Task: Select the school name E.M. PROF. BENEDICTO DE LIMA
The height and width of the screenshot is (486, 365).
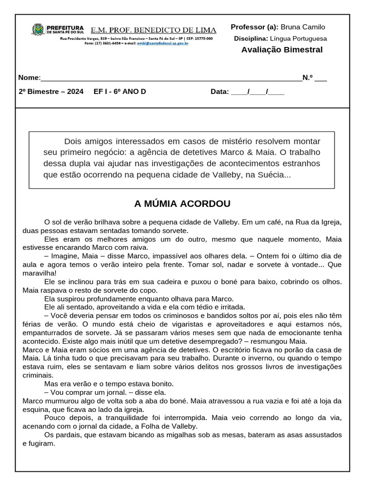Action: point(153,30)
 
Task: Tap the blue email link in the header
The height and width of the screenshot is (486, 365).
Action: point(163,43)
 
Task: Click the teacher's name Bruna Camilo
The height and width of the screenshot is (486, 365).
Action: point(303,27)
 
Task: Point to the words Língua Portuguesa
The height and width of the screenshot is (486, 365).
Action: point(298,38)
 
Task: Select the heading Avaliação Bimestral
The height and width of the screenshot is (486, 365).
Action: point(281,50)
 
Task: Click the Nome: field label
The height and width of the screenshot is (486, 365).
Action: point(29,78)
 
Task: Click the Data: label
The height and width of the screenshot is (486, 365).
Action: point(220,92)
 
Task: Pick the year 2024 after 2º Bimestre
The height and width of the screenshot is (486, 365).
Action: point(75,92)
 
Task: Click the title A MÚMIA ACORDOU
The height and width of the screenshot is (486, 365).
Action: point(182,204)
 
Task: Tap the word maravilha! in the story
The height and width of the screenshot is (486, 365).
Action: point(39,273)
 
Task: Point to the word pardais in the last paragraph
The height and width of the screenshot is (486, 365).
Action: point(69,435)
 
